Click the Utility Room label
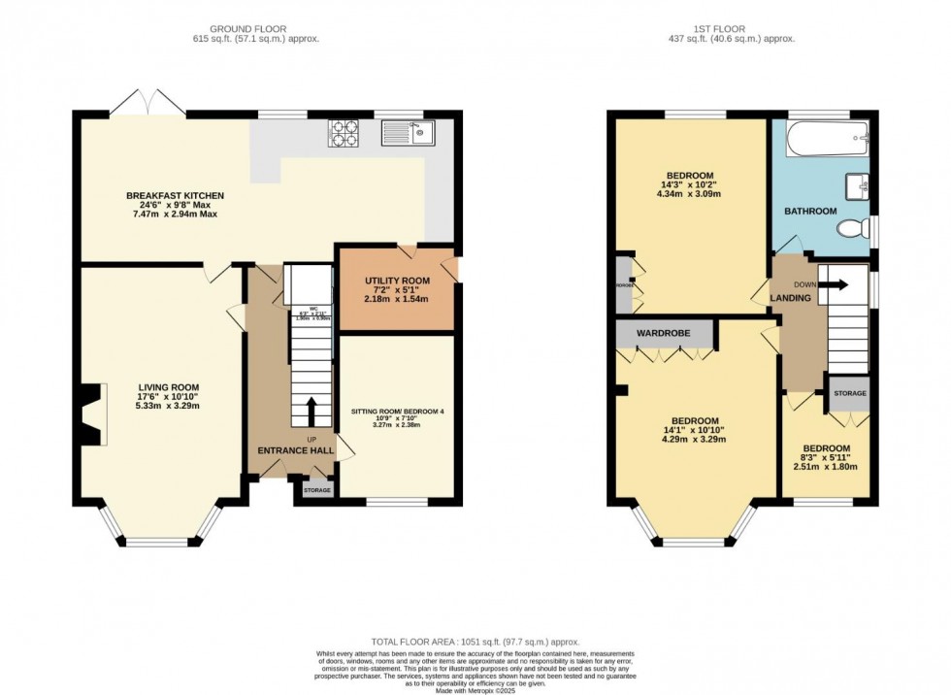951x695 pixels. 397,281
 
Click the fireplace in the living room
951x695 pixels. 89,414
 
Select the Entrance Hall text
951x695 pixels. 295,450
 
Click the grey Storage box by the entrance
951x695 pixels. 317,490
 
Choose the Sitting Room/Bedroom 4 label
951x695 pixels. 397,412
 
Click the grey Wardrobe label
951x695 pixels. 664,333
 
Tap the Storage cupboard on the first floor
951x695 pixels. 848,393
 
